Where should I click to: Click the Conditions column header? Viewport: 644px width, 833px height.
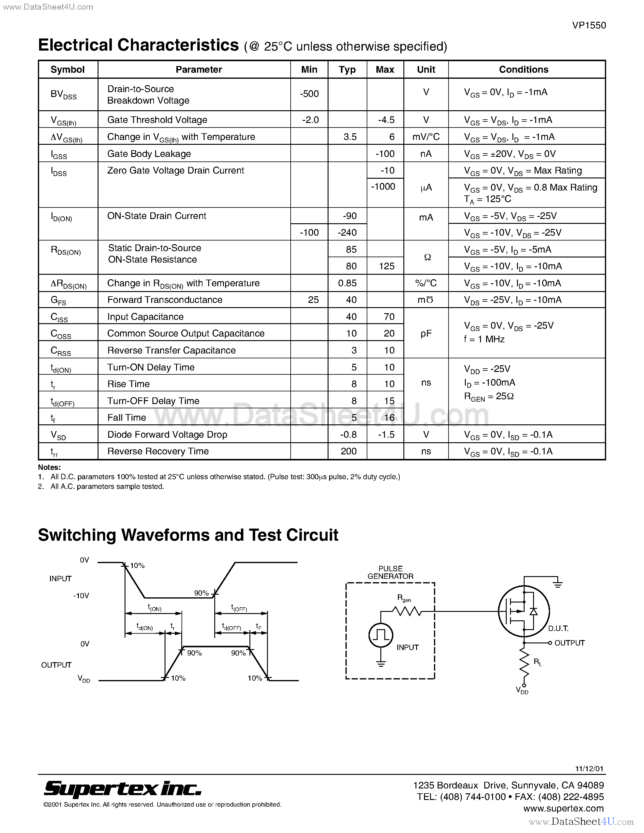523,69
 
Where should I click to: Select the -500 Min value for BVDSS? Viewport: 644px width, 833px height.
309,94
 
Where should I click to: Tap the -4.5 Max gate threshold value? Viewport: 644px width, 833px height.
386,120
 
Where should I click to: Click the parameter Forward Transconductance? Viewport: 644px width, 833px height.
165,300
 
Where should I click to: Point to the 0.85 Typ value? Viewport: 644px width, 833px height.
347,283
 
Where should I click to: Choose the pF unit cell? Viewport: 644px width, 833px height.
426,334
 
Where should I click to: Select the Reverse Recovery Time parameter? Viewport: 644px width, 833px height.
158,451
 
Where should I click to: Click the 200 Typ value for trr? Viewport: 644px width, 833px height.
348,451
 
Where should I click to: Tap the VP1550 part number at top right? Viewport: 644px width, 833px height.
589,25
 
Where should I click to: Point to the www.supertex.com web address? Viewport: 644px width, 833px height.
563,808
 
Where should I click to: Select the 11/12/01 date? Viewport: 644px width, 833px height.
589,768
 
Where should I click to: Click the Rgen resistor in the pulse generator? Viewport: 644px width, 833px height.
407,611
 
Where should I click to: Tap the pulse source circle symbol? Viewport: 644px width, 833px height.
380,635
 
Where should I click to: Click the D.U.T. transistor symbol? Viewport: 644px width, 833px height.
523,611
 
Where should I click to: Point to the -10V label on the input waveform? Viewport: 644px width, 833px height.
81,596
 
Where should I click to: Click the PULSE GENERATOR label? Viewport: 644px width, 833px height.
390,572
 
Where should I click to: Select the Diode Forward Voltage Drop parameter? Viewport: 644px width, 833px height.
167,434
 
